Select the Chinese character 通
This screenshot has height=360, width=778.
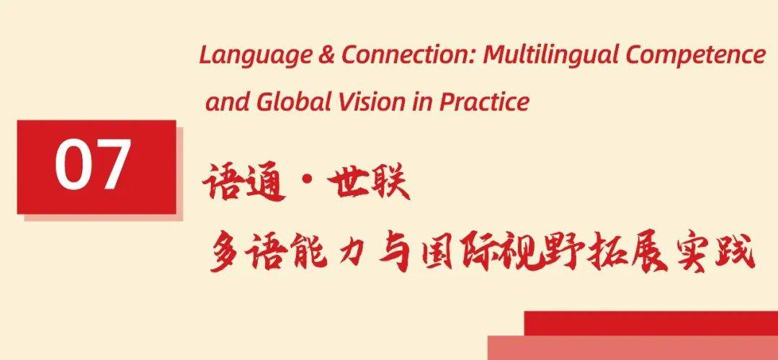point(265,183)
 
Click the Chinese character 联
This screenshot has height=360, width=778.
point(390,182)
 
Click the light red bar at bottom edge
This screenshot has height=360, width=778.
point(632,348)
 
